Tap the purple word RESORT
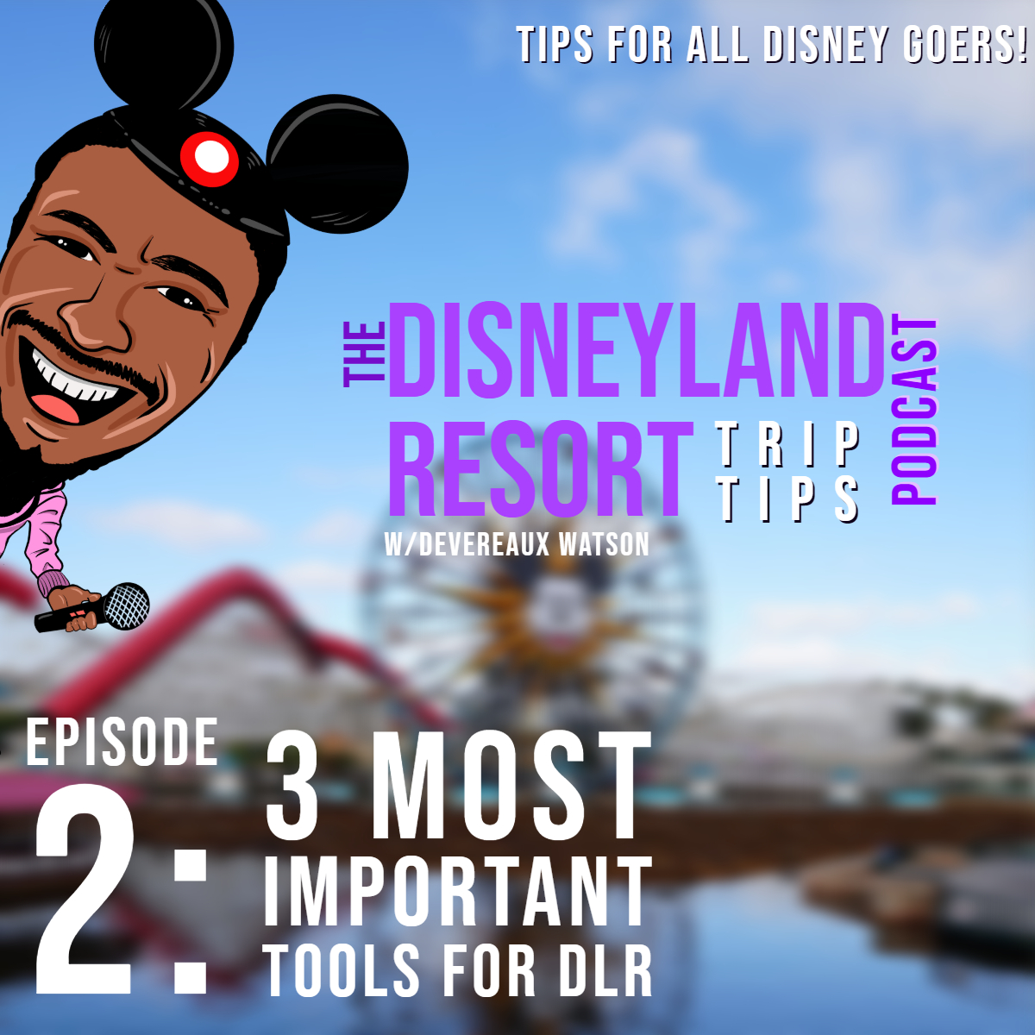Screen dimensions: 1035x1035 click(x=542, y=469)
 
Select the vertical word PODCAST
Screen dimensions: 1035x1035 click(x=914, y=412)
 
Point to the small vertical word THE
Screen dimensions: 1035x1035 click(x=365, y=354)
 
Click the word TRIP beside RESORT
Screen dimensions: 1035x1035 click(x=787, y=445)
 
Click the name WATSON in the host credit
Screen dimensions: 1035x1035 click(x=604, y=544)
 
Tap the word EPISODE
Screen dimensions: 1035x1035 click(x=122, y=742)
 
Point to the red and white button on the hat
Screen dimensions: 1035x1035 click(x=209, y=158)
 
